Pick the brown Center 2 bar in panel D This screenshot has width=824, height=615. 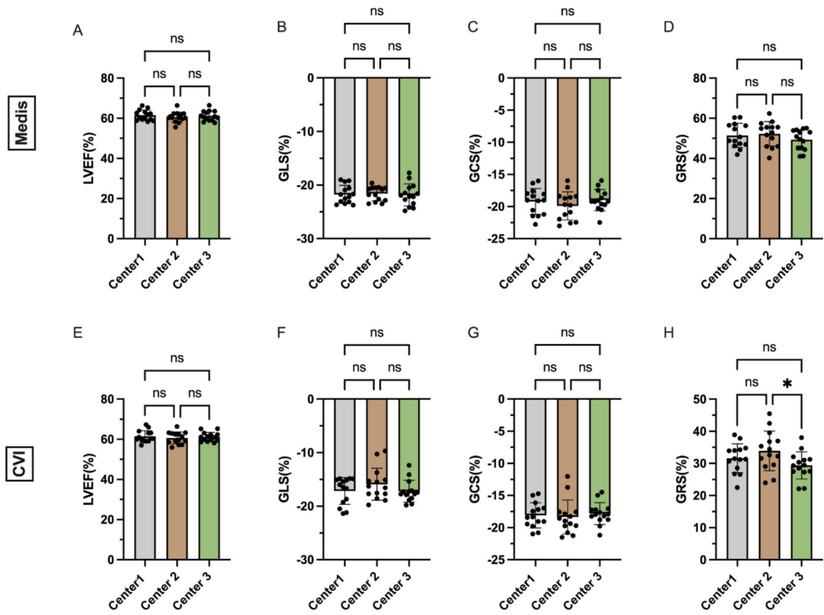(x=769, y=185)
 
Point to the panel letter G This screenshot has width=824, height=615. (x=472, y=333)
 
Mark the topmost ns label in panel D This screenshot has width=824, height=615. (x=769, y=48)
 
